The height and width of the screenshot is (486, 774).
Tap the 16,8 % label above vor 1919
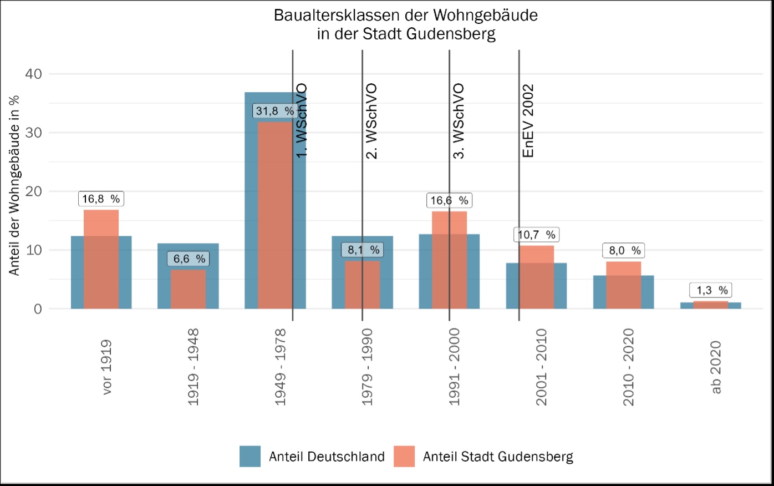click(101, 199)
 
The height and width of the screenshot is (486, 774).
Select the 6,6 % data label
click(189, 259)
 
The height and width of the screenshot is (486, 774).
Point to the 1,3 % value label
click(712, 290)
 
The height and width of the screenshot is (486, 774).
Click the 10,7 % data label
click(536, 235)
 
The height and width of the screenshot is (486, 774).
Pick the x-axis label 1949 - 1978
click(280, 367)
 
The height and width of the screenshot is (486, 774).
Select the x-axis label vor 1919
click(106, 367)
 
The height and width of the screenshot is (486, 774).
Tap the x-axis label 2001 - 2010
click(541, 367)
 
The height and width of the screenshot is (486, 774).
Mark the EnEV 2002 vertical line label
click(528, 120)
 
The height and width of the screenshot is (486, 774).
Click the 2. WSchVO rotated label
click(371, 121)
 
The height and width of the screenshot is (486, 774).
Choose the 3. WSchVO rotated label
click(458, 121)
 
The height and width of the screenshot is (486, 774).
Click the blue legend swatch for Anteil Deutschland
click(250, 456)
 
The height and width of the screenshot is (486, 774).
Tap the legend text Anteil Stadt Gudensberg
click(498, 457)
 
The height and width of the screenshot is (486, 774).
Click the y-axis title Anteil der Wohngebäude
click(14, 185)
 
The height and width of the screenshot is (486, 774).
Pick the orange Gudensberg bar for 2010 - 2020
click(623, 285)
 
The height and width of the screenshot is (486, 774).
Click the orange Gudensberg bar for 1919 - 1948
click(188, 289)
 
